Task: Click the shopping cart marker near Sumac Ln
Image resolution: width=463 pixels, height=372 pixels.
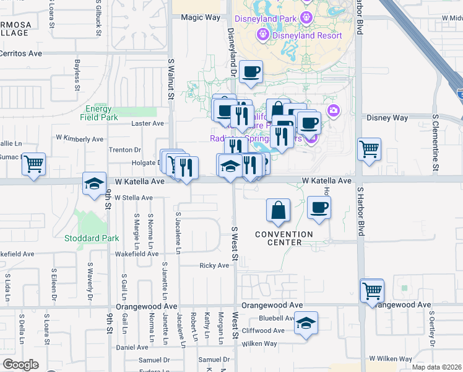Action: coord(33,164)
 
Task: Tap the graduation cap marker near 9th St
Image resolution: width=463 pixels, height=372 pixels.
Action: coord(94,184)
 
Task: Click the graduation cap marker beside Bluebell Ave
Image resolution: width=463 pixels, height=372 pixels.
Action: coord(305,323)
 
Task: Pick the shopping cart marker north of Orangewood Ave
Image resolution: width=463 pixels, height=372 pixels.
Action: coord(372,290)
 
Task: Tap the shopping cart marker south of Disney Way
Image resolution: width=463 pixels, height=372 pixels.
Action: coord(369,149)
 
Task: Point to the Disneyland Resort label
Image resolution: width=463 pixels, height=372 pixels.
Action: coord(308,35)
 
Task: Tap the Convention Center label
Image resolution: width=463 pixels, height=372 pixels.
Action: coord(285,238)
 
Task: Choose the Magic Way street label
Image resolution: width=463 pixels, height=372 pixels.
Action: coord(201,17)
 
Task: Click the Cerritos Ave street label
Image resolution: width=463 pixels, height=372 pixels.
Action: coord(21,54)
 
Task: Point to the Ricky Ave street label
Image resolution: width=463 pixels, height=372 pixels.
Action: coord(214,265)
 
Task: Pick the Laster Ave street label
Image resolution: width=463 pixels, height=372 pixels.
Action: coord(147,123)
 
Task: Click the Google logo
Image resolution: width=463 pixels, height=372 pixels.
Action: coord(21,365)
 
